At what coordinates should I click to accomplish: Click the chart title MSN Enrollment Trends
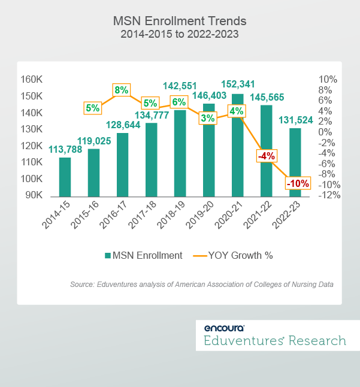pyautogui.click(x=180, y=21)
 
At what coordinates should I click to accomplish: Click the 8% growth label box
pyautogui.click(x=121, y=90)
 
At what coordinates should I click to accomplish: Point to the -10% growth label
pyautogui.click(x=297, y=184)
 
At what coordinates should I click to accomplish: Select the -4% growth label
pyautogui.click(x=266, y=156)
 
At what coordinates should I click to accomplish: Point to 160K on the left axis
pyautogui.click(x=31, y=80)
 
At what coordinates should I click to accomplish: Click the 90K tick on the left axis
pyautogui.click(x=33, y=195)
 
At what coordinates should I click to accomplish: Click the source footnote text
pyautogui.click(x=201, y=285)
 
